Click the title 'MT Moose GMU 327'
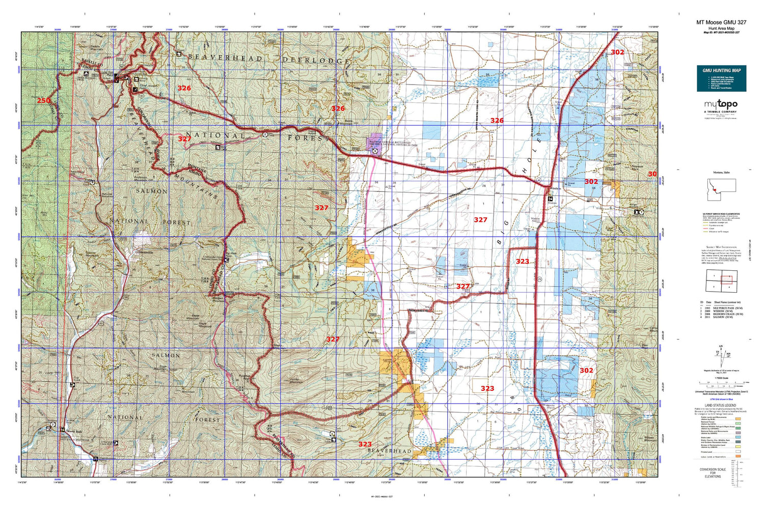tap(721, 22)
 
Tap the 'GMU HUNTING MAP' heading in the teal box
tap(721, 70)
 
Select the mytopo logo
tap(720, 104)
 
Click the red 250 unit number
tap(44, 100)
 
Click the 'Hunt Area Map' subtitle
tap(721, 29)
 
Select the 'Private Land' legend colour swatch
tap(739, 451)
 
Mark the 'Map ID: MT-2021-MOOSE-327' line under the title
tap(721, 33)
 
